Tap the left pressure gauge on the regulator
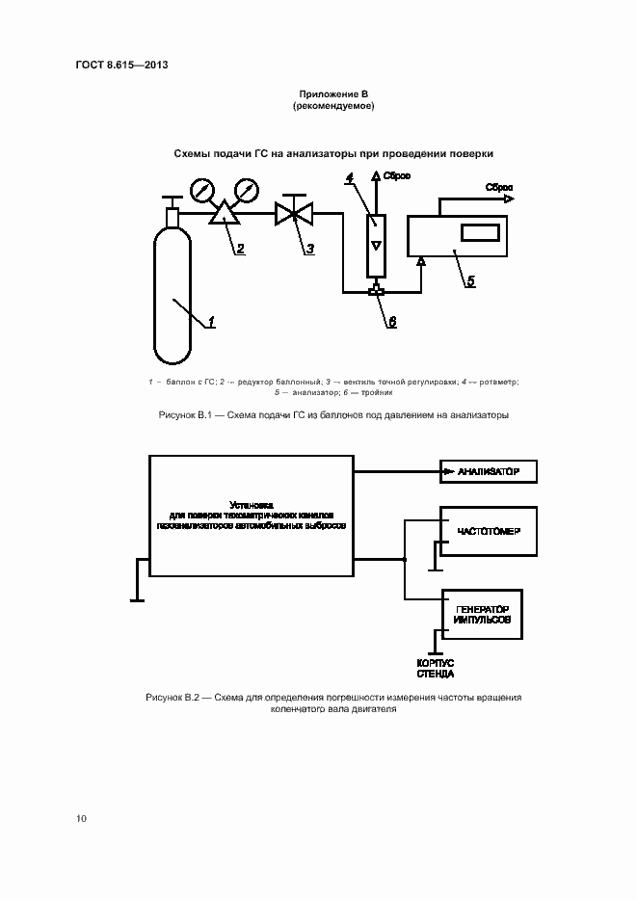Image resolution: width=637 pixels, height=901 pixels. click(x=201, y=189)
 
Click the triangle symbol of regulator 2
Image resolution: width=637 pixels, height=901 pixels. click(x=226, y=213)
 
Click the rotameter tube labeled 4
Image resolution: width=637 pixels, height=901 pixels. click(x=376, y=240)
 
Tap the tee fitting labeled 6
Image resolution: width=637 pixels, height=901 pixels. click(x=376, y=290)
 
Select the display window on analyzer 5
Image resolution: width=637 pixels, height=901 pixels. click(x=479, y=233)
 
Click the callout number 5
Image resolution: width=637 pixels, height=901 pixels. click(x=470, y=281)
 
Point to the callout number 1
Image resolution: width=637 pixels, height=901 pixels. click(x=211, y=322)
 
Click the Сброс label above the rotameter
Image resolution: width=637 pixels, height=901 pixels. click(x=397, y=176)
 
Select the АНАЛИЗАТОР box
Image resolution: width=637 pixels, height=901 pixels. click(x=488, y=471)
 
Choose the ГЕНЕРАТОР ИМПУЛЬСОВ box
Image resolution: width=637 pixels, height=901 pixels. click(x=482, y=614)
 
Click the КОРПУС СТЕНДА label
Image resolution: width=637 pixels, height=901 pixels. click(x=436, y=668)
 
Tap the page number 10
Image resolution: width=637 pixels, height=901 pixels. click(x=81, y=819)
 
